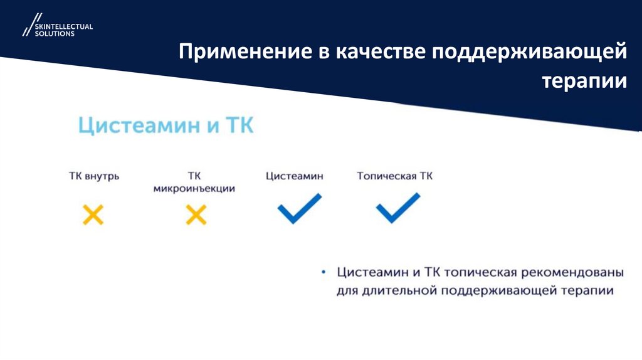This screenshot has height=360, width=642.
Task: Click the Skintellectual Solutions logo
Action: [x=57, y=26]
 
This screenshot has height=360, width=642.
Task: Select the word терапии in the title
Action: [x=584, y=81]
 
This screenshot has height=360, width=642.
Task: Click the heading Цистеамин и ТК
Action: [x=166, y=125]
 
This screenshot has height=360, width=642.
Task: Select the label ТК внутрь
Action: [x=94, y=176]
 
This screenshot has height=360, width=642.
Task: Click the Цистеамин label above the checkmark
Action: [x=295, y=176]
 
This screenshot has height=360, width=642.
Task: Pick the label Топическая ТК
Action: [x=394, y=176]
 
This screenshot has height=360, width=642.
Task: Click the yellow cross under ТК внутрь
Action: [x=93, y=215]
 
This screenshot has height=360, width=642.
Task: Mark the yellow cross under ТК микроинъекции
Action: [x=196, y=215]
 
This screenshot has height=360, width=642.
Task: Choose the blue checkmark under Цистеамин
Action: [x=299, y=209]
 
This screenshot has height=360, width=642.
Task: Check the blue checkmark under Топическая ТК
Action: [x=397, y=209]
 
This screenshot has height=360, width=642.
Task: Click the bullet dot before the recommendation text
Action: [x=323, y=273]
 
